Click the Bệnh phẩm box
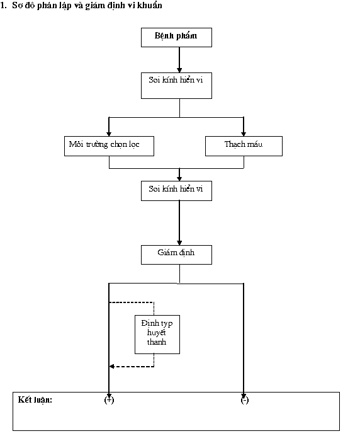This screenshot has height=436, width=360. point(176,37)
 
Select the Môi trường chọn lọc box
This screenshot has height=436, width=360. point(109,146)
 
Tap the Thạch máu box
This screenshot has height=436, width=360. point(244,146)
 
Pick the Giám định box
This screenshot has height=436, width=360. point(176,255)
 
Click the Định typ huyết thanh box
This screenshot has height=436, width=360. point(157,334)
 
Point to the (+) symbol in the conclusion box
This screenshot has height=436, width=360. point(109,400)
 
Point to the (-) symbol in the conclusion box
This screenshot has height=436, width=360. point(244,400)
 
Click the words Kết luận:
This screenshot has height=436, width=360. point(35,400)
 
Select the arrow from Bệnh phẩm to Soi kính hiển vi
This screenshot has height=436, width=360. point(179,60)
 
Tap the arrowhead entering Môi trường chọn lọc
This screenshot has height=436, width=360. point(109,134)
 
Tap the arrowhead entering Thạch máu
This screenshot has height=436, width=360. point(244,134)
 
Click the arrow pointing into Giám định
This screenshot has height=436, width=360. point(179,223)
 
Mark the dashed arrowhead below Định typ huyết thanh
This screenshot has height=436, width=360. point(111,367)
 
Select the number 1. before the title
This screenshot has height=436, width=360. point(4,6)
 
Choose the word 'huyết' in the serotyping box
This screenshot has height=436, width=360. point(156,333)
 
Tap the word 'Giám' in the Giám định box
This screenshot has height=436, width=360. point(167,253)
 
